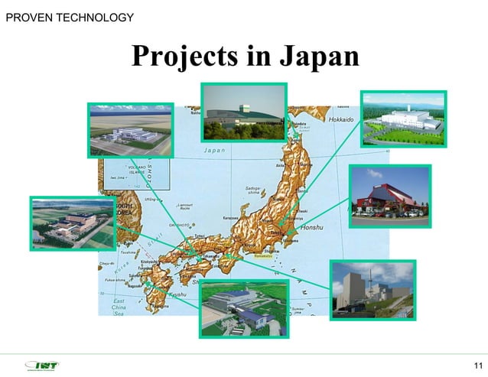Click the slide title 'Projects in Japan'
tap(245, 57)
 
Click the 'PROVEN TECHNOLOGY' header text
tap(70, 17)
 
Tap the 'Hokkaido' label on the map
tap(341, 121)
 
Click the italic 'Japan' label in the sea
tap(213, 150)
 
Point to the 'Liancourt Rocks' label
tap(184, 206)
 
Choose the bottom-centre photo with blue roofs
tap(243, 308)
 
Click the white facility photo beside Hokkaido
tap(402, 119)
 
